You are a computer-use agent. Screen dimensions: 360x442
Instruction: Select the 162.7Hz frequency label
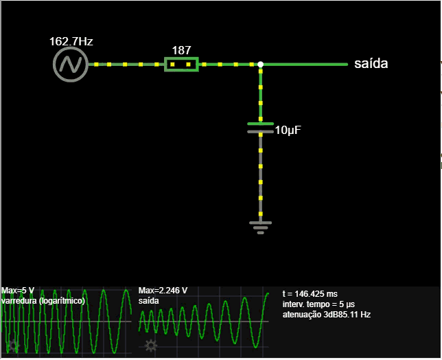click(71, 41)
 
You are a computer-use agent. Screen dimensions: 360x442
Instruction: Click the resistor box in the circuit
click(181, 65)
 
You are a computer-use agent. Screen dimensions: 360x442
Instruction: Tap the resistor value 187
click(181, 50)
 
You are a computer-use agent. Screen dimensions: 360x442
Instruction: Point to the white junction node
click(260, 65)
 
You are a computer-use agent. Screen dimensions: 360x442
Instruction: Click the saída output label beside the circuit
click(371, 65)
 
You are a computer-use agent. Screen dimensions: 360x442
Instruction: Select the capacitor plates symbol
click(260, 128)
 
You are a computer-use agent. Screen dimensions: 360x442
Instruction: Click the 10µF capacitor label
click(288, 130)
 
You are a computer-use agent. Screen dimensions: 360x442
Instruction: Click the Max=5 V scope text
click(19, 291)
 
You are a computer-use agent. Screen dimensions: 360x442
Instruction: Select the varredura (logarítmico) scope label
click(43, 301)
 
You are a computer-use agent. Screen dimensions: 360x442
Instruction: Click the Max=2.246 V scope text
click(163, 291)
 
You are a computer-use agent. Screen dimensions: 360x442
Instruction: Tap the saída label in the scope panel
click(150, 301)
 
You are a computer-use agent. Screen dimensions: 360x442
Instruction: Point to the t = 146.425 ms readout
click(310, 294)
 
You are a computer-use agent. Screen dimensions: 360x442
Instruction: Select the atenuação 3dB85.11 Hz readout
click(327, 315)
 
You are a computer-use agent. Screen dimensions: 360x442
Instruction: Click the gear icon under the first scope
click(12, 345)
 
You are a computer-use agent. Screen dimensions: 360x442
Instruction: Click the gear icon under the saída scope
click(150, 345)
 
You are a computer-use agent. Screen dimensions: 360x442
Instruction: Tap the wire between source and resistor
click(126, 65)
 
